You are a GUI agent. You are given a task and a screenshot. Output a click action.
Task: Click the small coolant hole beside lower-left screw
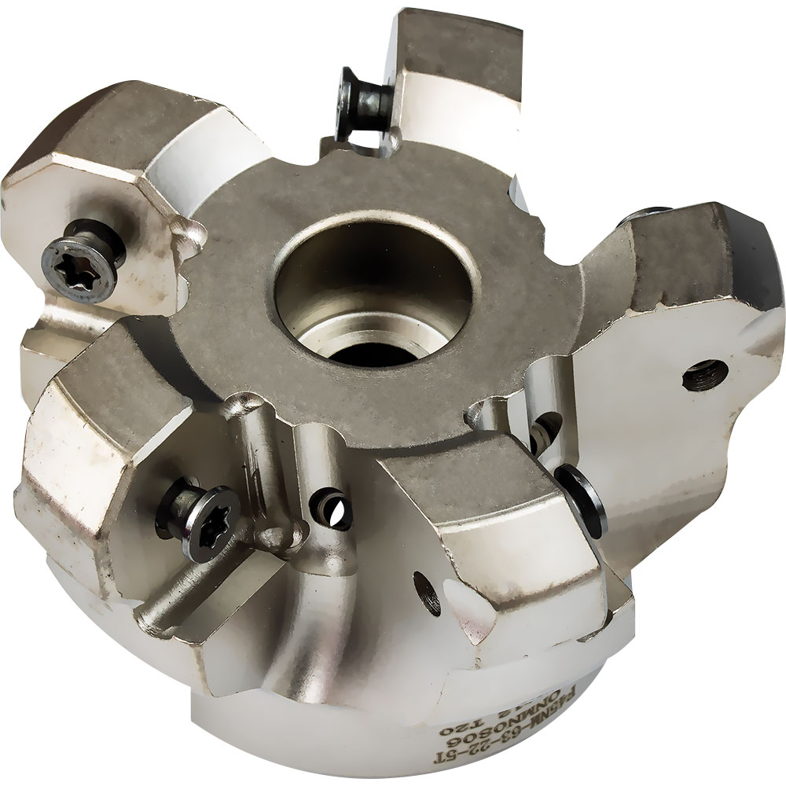(331, 509)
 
